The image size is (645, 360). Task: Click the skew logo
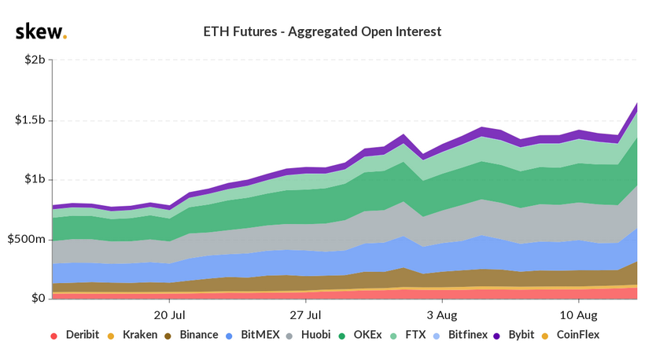click(x=41, y=31)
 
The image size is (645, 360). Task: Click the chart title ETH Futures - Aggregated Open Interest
click(x=322, y=32)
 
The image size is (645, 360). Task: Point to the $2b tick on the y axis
click(x=34, y=61)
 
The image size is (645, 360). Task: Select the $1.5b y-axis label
click(x=30, y=120)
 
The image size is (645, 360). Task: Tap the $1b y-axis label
click(x=34, y=179)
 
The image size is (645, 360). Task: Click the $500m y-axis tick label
click(x=28, y=239)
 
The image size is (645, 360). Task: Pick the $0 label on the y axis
click(x=38, y=298)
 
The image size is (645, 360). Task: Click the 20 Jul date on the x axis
click(x=169, y=314)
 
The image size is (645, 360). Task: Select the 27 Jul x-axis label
click(x=305, y=314)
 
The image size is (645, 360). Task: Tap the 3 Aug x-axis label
click(x=441, y=314)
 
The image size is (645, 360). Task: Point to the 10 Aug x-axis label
click(x=578, y=314)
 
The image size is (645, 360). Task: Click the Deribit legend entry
click(x=76, y=335)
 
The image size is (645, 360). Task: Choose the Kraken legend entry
click(x=135, y=335)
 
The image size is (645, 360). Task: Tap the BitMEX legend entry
click(x=258, y=335)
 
